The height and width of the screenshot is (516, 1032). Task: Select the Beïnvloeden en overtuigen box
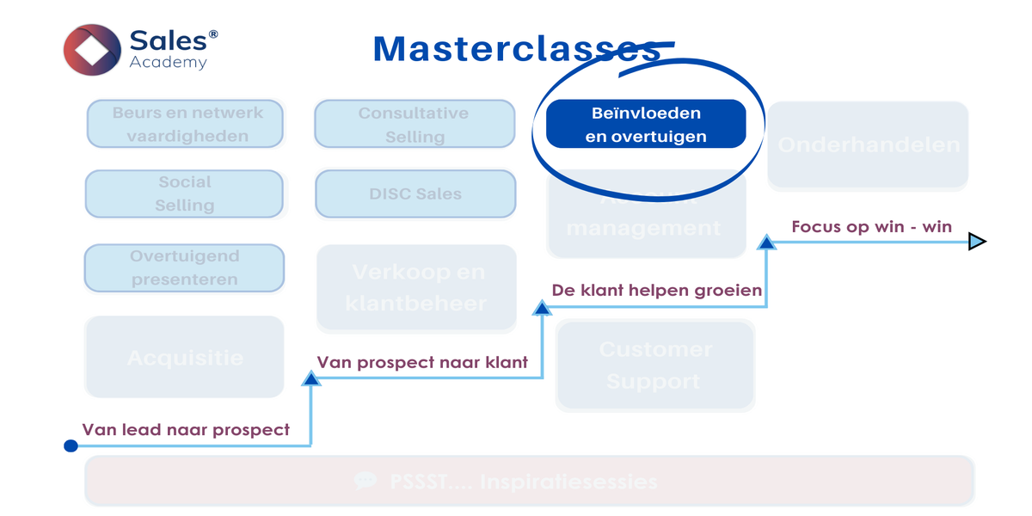pos(646,124)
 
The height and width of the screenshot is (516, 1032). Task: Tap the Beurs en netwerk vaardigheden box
pos(185,124)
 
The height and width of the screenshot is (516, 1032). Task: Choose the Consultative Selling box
pos(415,124)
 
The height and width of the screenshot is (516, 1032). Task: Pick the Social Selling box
pos(184,193)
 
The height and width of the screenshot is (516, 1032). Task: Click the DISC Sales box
pos(415,193)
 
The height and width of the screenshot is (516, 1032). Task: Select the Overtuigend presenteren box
pos(184,267)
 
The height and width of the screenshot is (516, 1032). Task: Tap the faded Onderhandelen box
pos(868,144)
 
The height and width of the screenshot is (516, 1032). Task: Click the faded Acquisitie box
pos(184,357)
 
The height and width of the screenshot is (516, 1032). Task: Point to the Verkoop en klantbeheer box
pos(416,288)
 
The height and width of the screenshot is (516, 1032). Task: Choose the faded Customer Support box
pos(655,365)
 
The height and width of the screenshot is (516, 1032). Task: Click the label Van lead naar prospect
pos(186,429)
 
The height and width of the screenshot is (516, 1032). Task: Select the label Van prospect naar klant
pos(422,362)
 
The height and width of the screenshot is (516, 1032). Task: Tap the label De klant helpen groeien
pos(657,290)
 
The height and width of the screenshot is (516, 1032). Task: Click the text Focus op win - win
pos(871,226)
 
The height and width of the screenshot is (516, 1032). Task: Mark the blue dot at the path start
pos(71,445)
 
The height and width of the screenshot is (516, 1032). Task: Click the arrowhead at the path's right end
pos(977,242)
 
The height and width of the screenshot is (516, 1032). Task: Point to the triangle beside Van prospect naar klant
pos(310,378)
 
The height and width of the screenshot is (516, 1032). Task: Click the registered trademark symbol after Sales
pos(213,34)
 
